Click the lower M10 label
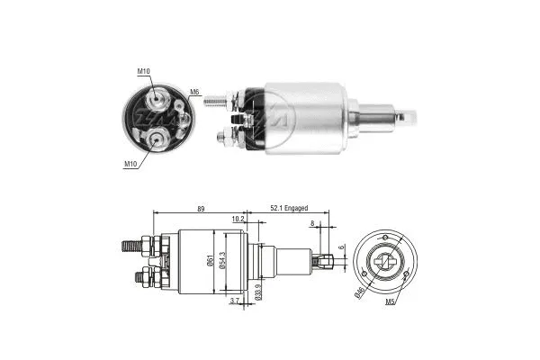pyautogui.click(x=130, y=165)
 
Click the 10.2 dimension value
pyautogui.click(x=238, y=219)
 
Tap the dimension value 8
pyautogui.click(x=312, y=227)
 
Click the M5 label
pyautogui.click(x=391, y=301)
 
